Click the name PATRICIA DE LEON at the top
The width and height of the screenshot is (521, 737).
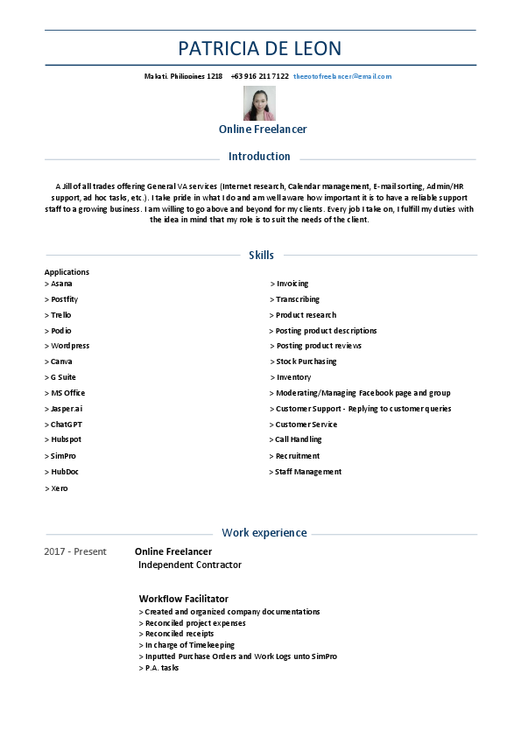(x=260, y=48)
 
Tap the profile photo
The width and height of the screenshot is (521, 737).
(x=259, y=103)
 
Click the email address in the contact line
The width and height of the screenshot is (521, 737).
(x=342, y=77)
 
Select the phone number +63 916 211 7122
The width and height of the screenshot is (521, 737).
(x=260, y=77)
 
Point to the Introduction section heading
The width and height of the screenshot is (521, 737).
(x=259, y=157)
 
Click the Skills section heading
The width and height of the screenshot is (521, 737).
(x=261, y=256)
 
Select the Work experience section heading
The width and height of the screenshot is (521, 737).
(x=264, y=533)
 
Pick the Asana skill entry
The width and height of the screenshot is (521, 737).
(x=59, y=284)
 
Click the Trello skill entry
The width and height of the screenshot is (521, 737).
(x=59, y=315)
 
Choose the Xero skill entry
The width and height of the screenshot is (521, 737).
(x=56, y=488)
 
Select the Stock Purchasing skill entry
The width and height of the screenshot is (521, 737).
(x=303, y=361)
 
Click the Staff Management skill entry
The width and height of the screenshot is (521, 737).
(x=306, y=472)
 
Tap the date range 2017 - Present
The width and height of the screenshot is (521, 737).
(x=75, y=552)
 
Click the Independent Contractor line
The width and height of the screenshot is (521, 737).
(x=190, y=565)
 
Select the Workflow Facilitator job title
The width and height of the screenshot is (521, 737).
(x=184, y=599)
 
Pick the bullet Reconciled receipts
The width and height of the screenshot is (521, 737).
(x=177, y=634)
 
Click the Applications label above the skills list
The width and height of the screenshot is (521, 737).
(x=67, y=272)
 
